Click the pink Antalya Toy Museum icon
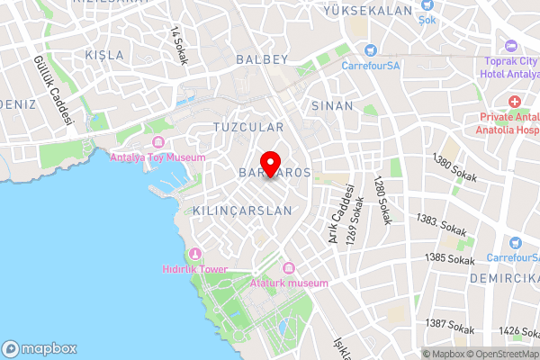158,143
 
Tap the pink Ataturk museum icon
289,268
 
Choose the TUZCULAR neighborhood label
248,128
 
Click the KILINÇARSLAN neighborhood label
243,211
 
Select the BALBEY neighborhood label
261,59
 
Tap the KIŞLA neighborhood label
104,55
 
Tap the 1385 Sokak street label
449,258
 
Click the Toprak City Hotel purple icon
511,45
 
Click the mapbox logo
40,348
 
